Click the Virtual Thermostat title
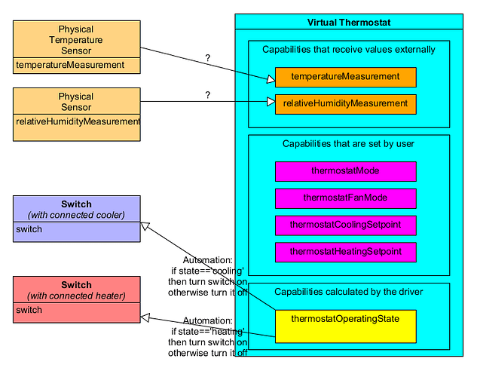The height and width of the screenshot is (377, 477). click(349, 23)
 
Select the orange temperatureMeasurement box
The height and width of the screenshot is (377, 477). click(345, 77)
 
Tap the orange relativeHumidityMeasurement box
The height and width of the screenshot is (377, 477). click(345, 103)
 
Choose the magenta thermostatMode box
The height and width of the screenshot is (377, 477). click(345, 171)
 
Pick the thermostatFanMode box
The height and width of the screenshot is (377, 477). click(345, 198)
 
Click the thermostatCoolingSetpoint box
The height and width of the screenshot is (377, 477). click(345, 225)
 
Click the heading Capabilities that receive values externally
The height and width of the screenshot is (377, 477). click(349, 50)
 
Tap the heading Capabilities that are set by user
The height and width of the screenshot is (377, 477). click(348, 143)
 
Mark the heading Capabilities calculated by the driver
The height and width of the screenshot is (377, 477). click(349, 291)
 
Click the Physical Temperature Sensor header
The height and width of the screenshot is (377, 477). click(76, 39)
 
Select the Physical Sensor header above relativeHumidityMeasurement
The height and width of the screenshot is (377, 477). click(76, 102)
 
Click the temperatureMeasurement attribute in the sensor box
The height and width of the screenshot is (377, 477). click(70, 66)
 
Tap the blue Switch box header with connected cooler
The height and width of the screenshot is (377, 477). click(76, 210)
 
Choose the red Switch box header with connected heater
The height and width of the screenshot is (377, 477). click(76, 290)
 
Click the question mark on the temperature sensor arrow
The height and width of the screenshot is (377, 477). click(207, 58)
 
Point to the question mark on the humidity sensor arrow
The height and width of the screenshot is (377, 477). click(207, 96)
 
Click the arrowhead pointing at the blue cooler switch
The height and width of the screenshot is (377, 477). click(146, 225)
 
